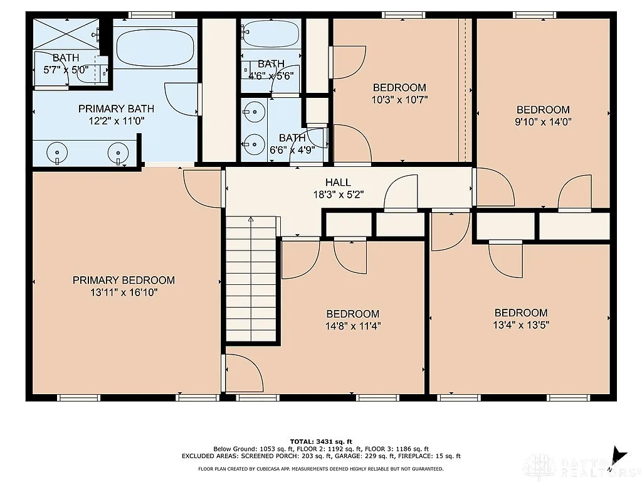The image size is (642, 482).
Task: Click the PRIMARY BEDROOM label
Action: click(x=124, y=280)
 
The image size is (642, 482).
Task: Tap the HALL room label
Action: click(x=338, y=183)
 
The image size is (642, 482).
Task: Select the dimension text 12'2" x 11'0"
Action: click(x=116, y=121)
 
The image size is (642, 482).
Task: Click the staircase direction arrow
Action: click(x=251, y=221)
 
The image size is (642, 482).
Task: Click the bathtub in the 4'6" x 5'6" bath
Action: click(x=271, y=34)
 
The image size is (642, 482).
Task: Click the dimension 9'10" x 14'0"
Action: click(x=543, y=122)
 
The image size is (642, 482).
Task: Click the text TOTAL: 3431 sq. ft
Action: click(x=320, y=441)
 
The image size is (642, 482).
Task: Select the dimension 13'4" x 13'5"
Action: click(x=521, y=325)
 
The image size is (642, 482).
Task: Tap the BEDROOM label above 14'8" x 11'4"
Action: click(x=352, y=314)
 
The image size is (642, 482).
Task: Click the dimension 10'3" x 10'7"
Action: click(x=399, y=99)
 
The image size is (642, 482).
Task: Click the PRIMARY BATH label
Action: click(x=116, y=109)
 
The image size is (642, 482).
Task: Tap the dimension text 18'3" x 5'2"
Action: click(x=338, y=195)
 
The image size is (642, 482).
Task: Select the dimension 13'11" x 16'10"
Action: click(x=124, y=292)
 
